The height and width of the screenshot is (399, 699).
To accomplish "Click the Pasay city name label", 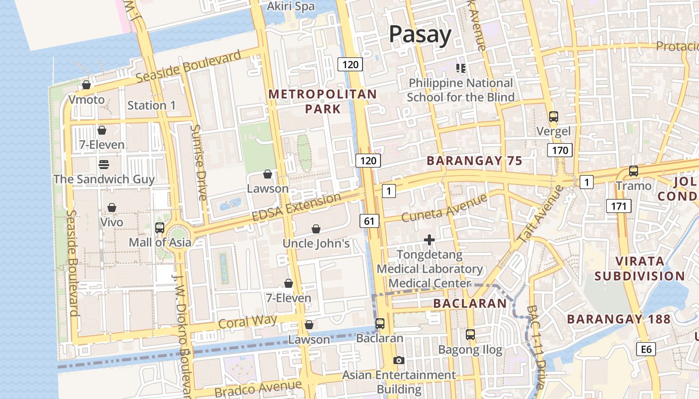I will coord(420,34).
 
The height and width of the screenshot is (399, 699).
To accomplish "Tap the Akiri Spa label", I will coord(291,6).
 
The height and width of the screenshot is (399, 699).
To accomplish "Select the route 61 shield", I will coord(369,220).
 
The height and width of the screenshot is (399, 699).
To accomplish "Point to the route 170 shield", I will coord(559,150).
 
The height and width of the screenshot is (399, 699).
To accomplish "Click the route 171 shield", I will coord(619,205).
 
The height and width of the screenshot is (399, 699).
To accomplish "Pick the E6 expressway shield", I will coord(646,349).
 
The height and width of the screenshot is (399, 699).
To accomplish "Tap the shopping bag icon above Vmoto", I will coord(86,85).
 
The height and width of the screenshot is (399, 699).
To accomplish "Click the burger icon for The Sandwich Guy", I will coord(104,164).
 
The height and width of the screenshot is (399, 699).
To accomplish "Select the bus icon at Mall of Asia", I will coord(160,228).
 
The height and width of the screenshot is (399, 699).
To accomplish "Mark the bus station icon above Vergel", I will coord(553,117).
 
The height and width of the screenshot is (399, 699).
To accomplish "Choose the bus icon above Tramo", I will coord(634,171).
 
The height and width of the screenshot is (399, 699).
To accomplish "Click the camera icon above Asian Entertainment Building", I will coord(398,360).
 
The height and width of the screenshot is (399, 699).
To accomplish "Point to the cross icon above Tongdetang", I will coord(429,240).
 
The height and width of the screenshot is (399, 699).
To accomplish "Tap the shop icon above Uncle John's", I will coord(316,229).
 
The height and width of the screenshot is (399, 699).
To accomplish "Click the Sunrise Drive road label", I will coord(198,162).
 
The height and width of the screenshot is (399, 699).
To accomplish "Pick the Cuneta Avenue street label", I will coord(444,208).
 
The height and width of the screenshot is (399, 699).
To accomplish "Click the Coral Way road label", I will coord(248,323).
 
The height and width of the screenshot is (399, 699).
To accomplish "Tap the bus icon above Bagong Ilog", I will coord(470,335).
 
